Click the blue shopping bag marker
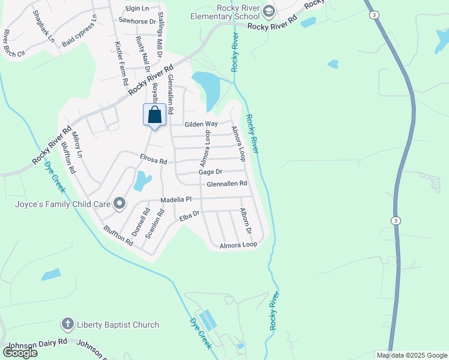[154, 114]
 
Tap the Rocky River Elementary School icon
[269, 11]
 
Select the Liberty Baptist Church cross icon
[67, 325]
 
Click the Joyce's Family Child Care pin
[119, 204]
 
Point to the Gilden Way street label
[201, 124]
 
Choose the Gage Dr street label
[211, 172]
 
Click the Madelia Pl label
[176, 199]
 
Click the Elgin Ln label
[137, 8]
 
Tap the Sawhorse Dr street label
[137, 20]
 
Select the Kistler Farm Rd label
[121, 64]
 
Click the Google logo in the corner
[19, 353]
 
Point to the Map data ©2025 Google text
[412, 355]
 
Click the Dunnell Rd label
[144, 221]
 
